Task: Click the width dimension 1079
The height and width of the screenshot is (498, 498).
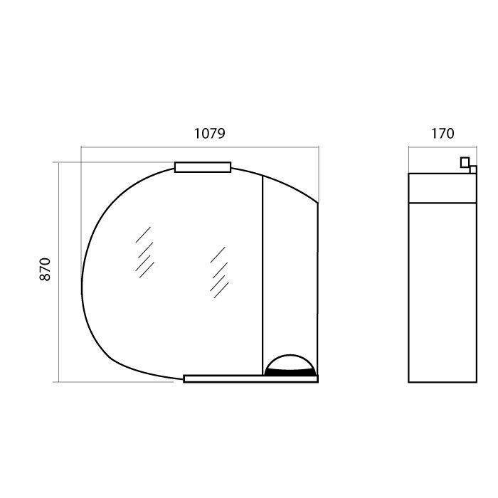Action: (x=210, y=134)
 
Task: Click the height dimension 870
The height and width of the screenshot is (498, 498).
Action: (x=45, y=270)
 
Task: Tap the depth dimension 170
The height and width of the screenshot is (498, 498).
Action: (x=443, y=134)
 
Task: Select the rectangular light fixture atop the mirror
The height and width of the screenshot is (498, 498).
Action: (x=203, y=167)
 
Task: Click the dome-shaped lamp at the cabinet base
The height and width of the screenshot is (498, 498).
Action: (x=290, y=365)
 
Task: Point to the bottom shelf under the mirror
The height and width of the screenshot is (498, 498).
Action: (x=250, y=378)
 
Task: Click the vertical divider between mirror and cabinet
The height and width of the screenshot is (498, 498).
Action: (x=263, y=275)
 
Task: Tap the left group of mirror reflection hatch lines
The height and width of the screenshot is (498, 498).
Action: (x=144, y=253)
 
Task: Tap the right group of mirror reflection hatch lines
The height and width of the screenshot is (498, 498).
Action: (x=219, y=272)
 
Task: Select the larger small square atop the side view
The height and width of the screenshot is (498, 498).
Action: (x=465, y=162)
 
